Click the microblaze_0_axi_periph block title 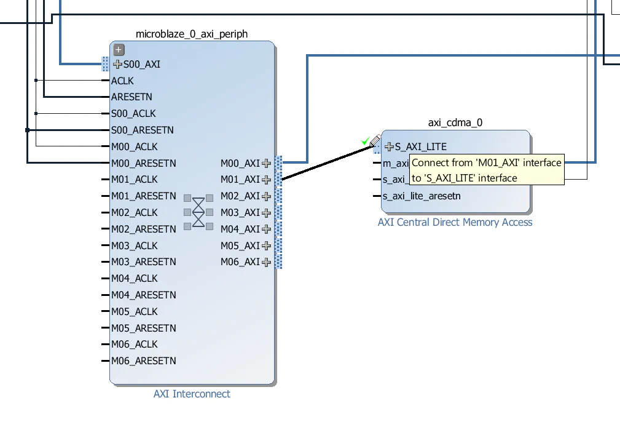[192, 34]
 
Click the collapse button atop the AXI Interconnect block [119, 50]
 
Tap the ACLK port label [122, 81]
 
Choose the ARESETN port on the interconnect [131, 97]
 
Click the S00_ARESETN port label [142, 130]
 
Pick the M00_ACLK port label [134, 146]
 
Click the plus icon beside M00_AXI [266, 163]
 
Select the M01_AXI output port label [240, 180]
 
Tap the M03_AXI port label [240, 213]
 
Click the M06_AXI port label [240, 262]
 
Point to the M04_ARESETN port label [143, 295]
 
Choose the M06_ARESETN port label [143, 361]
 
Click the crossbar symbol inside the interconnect [198, 212]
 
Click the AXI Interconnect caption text [192, 394]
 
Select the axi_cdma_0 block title [455, 122]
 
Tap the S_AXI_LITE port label [420, 147]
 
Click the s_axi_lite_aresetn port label [421, 196]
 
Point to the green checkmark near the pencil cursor [365, 142]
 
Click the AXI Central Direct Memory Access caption [455, 222]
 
